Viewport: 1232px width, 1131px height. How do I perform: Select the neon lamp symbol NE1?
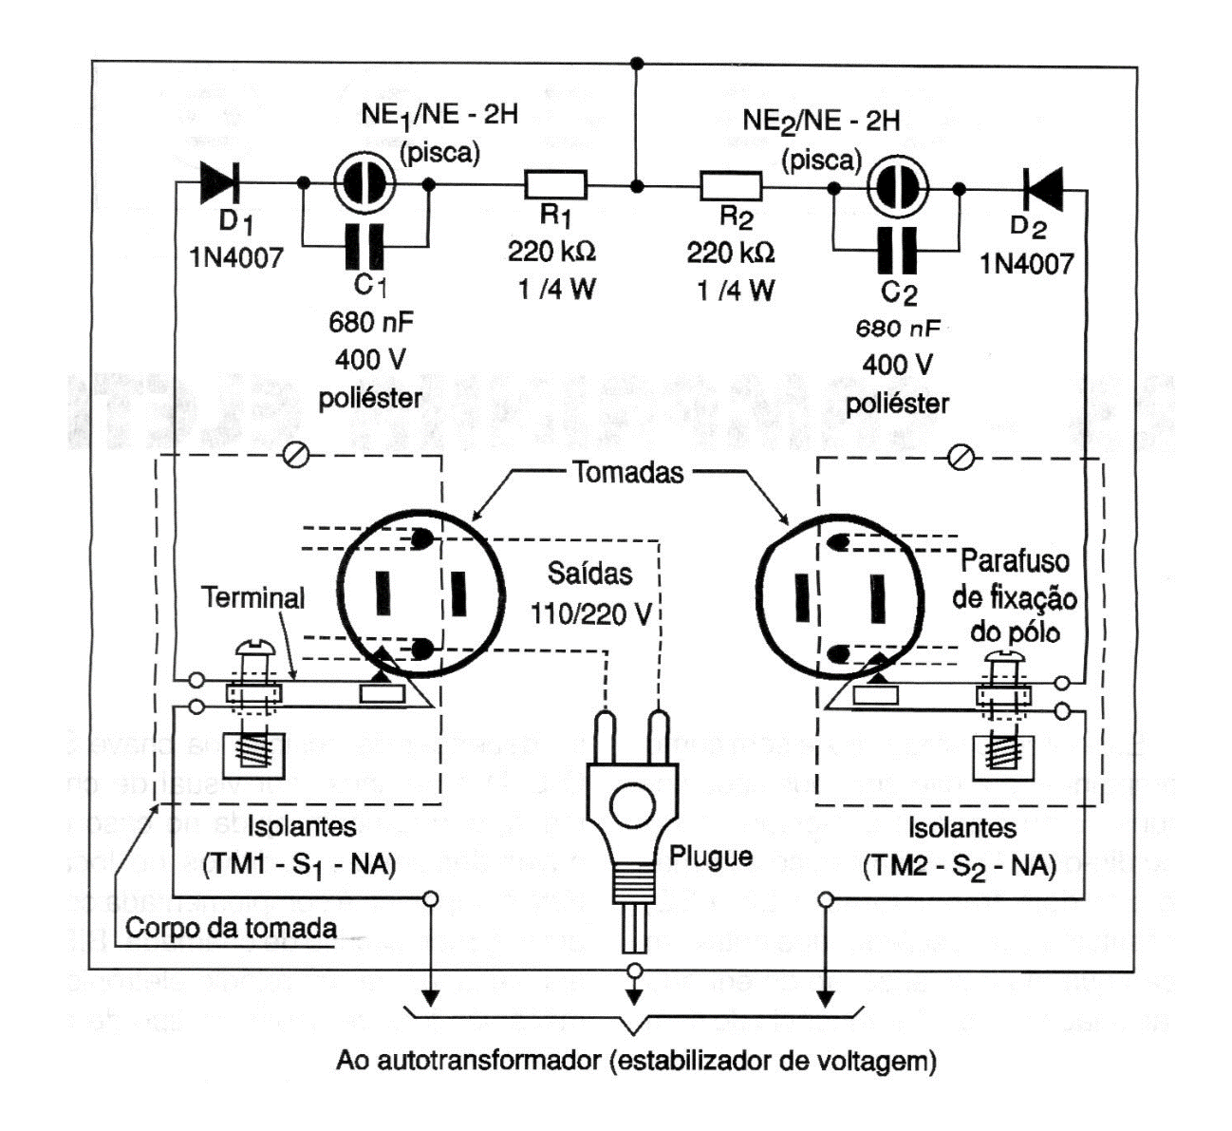coord(363,184)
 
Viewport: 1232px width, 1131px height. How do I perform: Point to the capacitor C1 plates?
coord(364,244)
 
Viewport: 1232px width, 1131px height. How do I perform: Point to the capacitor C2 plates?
coord(898,249)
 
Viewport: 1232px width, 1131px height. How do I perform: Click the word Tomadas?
coord(627,472)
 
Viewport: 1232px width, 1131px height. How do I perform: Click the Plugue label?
coord(711,856)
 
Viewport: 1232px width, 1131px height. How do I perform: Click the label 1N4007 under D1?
coord(235,256)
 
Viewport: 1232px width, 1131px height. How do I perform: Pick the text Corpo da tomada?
coord(231,928)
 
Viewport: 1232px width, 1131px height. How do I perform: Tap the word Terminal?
coord(253,598)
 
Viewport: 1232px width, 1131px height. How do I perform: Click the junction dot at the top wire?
coord(638,63)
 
